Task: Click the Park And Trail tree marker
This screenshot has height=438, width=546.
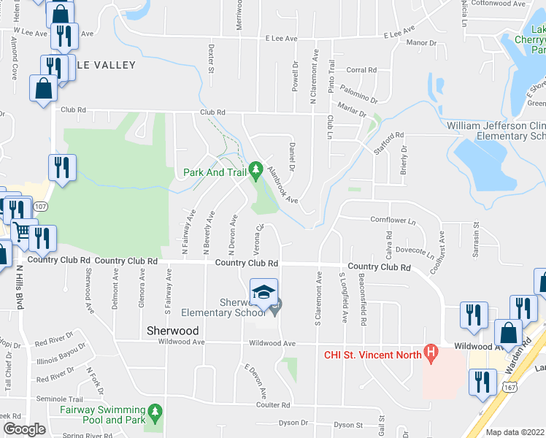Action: coord(255,172)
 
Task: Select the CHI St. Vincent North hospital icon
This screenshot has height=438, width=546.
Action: coord(431,356)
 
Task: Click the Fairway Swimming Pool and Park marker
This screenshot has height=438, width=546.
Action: coord(154,415)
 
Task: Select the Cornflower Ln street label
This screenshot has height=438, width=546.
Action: coord(393,220)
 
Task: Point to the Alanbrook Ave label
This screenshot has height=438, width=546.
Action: coord(282,185)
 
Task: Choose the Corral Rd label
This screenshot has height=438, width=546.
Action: coord(361,70)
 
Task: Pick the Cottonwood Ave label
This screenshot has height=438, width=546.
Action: coord(499,4)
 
